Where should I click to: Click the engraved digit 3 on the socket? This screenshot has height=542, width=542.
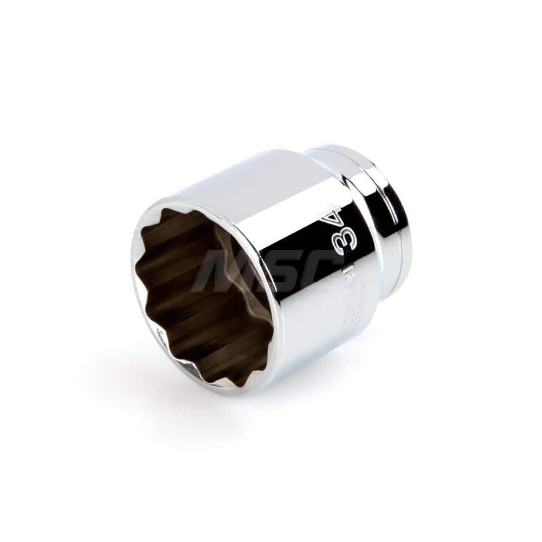(346, 240)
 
